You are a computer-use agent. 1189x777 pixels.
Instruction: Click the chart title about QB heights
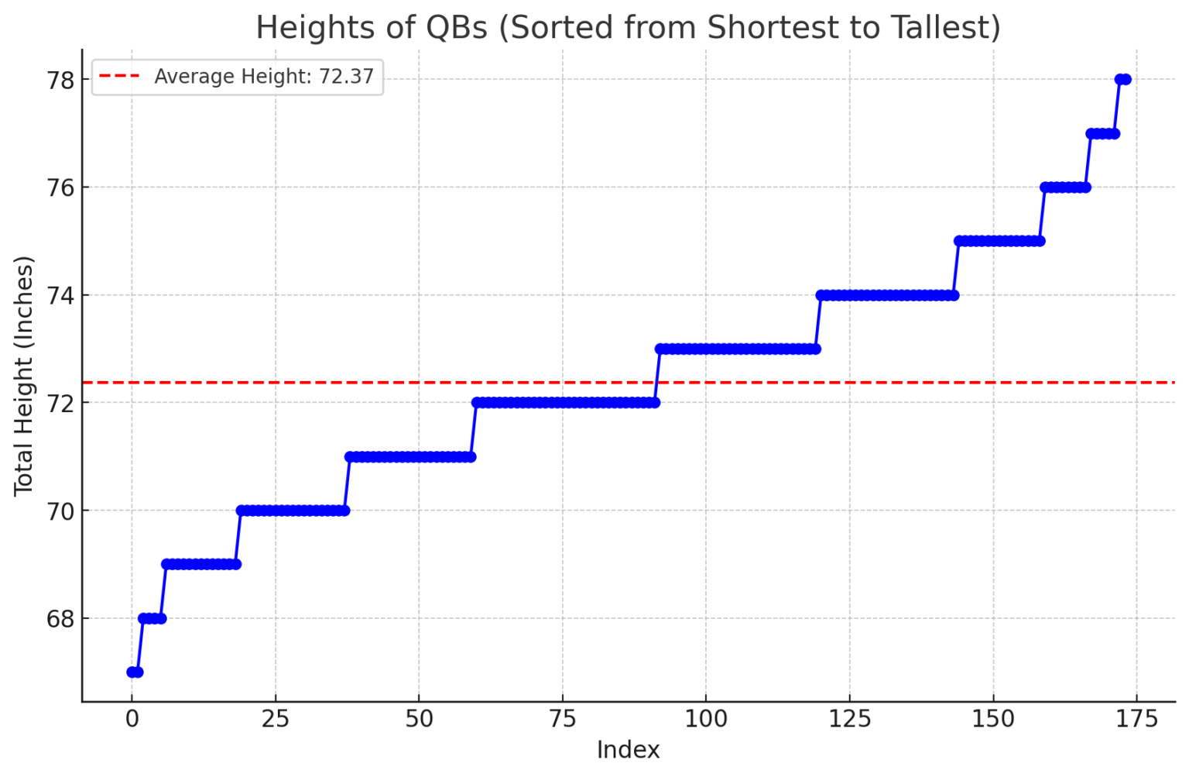tap(628, 28)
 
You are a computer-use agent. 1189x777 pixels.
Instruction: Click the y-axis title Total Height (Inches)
tap(24, 376)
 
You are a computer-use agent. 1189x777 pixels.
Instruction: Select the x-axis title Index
tap(628, 750)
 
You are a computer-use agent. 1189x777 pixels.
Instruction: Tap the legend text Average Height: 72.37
tap(264, 77)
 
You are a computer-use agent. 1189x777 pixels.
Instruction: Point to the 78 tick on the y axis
tap(61, 80)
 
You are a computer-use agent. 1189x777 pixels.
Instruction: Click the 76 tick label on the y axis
tap(61, 187)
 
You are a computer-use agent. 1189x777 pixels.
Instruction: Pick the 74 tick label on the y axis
tap(61, 295)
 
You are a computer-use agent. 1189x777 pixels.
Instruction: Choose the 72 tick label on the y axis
tap(61, 403)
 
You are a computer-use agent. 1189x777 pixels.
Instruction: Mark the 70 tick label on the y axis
tap(61, 511)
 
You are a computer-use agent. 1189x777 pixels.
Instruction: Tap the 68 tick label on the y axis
tap(61, 618)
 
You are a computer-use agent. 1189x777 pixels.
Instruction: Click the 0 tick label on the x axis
tap(132, 720)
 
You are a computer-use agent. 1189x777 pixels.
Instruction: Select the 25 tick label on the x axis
tap(275, 720)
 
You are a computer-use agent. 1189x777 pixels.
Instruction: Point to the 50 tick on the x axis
tap(419, 720)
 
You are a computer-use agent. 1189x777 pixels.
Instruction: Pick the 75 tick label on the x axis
tap(562, 720)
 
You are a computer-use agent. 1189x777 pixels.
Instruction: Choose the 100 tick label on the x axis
tap(706, 720)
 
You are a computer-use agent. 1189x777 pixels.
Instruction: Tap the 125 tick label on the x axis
tap(849, 720)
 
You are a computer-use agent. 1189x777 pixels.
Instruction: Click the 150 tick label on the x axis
tap(993, 720)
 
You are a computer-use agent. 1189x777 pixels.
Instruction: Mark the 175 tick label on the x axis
tap(1136, 720)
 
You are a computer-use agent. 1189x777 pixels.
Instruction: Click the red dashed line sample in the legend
tap(120, 77)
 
